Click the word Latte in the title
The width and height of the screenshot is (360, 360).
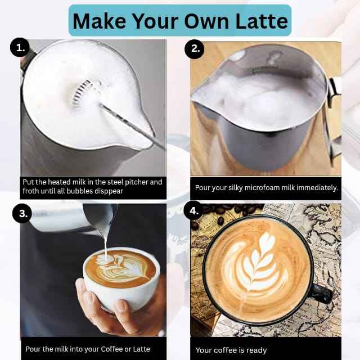[262, 21]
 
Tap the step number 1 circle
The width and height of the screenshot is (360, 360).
[20, 47]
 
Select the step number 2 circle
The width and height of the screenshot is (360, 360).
[194, 49]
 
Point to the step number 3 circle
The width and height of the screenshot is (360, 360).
[22, 213]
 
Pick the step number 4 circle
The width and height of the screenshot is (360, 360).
[193, 210]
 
